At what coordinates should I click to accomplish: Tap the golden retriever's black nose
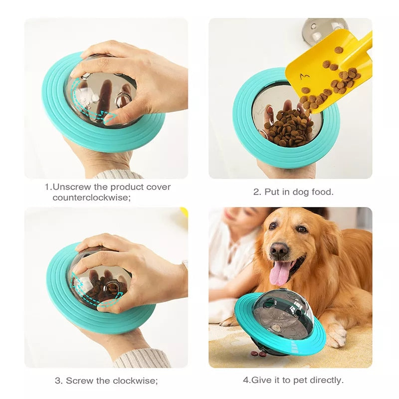(279, 249)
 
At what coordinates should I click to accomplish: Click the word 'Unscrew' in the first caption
(69, 187)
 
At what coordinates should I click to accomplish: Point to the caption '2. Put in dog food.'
(293, 192)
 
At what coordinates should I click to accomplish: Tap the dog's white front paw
(335, 336)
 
